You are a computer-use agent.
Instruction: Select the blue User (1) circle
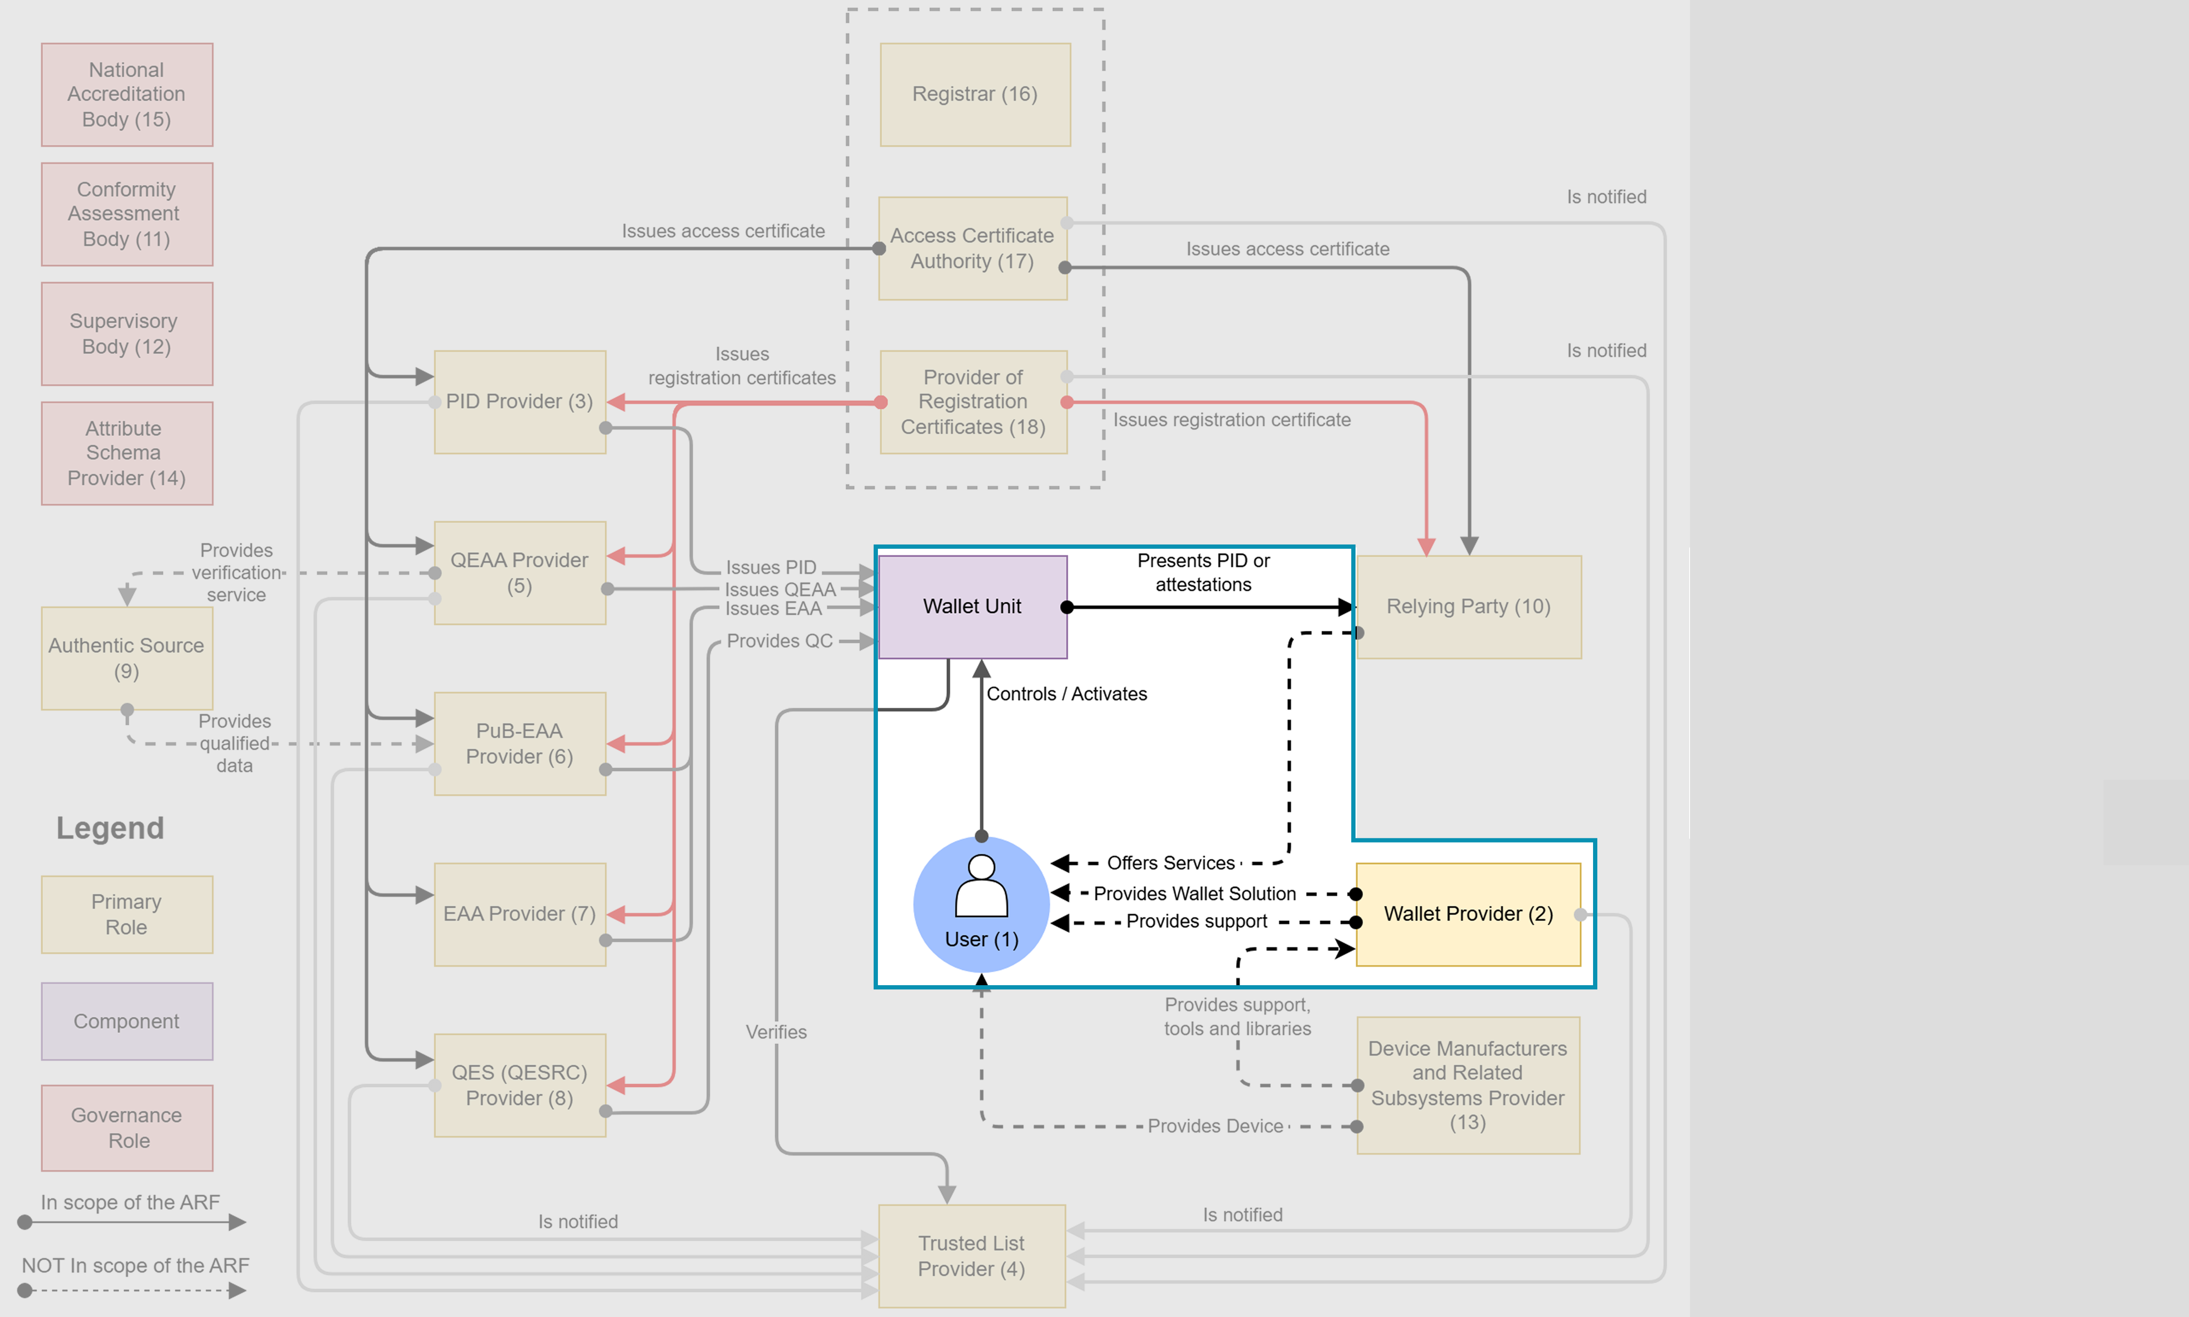point(981,904)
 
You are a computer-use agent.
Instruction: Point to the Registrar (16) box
point(974,94)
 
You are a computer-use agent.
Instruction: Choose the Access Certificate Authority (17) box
point(972,249)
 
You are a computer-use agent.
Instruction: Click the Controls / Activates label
point(1066,694)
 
